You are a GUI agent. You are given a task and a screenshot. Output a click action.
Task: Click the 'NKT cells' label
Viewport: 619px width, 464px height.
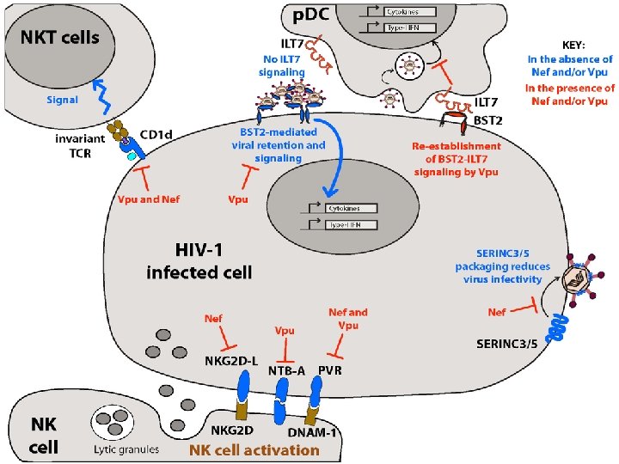(x=61, y=37)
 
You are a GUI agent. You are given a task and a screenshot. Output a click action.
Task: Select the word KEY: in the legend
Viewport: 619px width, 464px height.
(x=573, y=44)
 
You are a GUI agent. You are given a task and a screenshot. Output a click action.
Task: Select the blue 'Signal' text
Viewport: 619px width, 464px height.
(x=62, y=100)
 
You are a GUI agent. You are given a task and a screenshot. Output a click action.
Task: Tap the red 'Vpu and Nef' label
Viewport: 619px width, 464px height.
(x=150, y=199)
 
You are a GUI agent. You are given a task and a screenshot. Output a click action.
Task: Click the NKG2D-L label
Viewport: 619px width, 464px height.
(x=231, y=360)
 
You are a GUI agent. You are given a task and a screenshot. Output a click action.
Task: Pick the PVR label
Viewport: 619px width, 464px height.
(x=332, y=370)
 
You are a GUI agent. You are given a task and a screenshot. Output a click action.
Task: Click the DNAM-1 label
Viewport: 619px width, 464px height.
(x=312, y=431)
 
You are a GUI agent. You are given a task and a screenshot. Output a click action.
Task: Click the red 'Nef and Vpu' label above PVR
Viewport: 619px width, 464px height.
(x=348, y=319)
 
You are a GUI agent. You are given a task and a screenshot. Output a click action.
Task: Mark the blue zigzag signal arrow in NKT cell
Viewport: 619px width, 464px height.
(x=101, y=89)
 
